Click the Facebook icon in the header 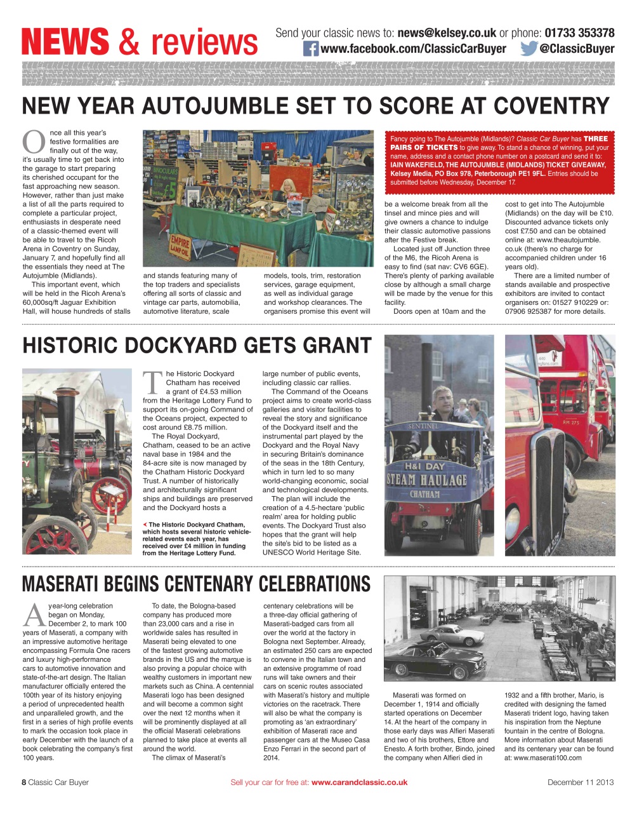[310, 48]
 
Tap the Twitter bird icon [529, 48]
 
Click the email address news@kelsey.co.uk [446, 33]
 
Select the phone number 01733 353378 [579, 33]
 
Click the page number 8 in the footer [24, 783]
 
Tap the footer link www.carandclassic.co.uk [359, 783]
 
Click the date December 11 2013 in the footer [580, 783]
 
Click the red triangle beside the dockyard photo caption [145, 525]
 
